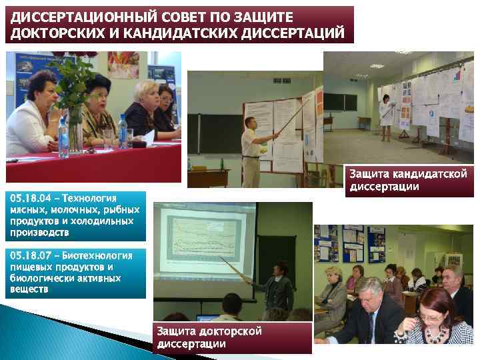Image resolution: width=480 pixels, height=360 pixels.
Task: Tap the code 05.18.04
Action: (32, 198)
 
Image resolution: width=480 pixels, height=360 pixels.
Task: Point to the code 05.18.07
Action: (32, 255)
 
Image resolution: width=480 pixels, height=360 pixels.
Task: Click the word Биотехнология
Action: (103, 255)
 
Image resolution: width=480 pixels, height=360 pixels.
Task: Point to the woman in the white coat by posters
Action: (385, 117)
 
